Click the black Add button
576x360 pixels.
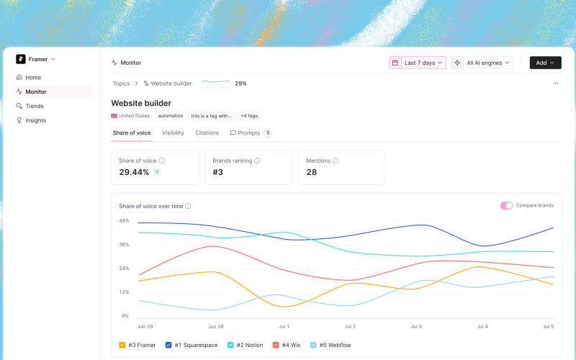(545, 63)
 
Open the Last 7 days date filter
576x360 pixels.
(418, 63)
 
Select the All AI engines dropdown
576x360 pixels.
(482, 63)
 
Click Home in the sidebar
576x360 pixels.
(33, 78)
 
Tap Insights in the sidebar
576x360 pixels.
(35, 120)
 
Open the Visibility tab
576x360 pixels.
(173, 133)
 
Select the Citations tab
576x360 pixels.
(207, 133)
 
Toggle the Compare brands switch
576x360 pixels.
(506, 206)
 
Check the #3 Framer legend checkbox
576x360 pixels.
(122, 345)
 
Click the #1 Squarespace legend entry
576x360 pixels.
(192, 345)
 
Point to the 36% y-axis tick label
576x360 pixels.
(124, 245)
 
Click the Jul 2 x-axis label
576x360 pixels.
(350, 327)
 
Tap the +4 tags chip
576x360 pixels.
(249, 116)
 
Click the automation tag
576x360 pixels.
(171, 116)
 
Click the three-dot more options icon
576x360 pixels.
(555, 84)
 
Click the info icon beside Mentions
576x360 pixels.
(336, 161)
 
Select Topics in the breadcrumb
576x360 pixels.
(121, 84)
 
